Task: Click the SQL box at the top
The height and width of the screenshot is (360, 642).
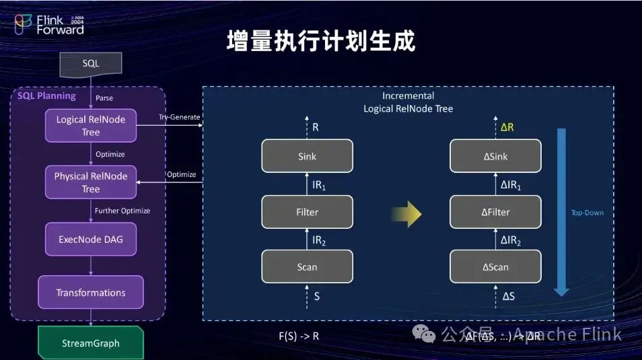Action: [91, 63]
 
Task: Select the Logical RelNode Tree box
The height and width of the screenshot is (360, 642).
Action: [91, 125]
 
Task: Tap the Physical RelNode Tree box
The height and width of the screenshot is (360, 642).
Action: [91, 182]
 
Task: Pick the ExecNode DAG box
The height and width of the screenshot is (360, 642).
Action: [91, 238]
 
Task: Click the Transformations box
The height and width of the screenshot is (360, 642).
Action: [91, 293]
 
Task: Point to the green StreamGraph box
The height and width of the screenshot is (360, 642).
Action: [91, 343]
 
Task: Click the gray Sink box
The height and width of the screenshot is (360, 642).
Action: [307, 157]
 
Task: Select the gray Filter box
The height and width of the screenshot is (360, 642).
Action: [307, 212]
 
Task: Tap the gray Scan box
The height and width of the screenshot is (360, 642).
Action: [307, 267]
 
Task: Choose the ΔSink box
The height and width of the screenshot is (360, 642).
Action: [495, 157]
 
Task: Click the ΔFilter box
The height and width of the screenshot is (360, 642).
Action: [495, 212]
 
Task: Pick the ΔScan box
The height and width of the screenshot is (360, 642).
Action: [495, 267]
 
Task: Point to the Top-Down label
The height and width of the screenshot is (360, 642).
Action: [587, 213]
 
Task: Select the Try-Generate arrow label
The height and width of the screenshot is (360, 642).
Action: [179, 117]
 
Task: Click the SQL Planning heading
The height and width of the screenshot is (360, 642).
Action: [46, 96]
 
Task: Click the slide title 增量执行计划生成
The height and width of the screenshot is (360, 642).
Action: [320, 41]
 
